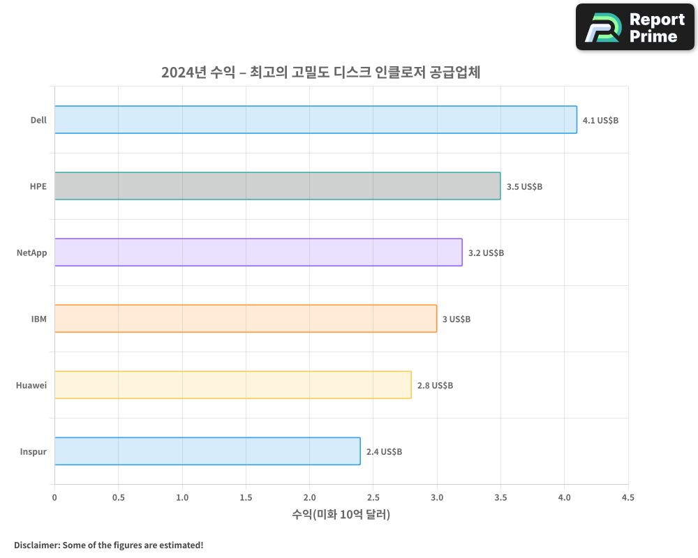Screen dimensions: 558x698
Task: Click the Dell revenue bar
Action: point(315,119)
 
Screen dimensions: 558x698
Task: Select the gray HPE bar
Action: point(277,186)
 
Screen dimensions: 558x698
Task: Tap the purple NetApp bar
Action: point(258,252)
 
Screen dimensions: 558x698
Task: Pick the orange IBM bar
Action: point(246,318)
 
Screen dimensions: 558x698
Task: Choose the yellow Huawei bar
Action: point(232,384)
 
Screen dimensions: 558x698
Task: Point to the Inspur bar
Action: point(207,451)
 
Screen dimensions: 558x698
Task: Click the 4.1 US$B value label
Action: point(600,120)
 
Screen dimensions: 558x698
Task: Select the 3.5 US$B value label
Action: point(524,186)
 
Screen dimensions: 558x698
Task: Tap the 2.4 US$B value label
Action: point(384,451)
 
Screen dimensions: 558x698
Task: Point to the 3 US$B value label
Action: point(456,319)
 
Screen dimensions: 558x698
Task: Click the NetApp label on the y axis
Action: point(32,252)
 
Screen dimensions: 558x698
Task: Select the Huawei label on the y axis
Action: point(31,385)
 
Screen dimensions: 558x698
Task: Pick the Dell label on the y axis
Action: point(38,120)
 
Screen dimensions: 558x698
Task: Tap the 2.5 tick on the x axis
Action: point(373,497)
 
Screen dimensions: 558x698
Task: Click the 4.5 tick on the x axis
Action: point(628,497)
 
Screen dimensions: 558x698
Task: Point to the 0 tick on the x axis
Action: point(54,497)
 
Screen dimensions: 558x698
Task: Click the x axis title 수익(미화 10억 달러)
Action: point(341,515)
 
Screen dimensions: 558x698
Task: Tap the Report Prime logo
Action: point(634,27)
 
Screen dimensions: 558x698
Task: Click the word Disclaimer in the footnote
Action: point(36,545)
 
